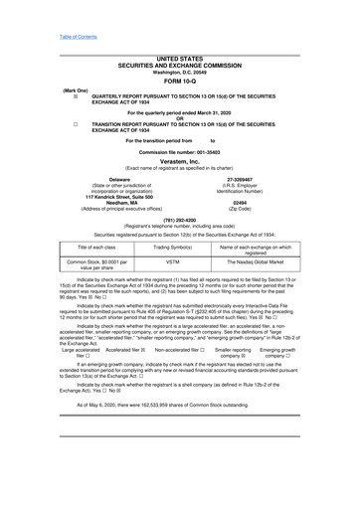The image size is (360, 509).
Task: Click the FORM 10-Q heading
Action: [x=180, y=82]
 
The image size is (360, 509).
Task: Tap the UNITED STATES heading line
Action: [x=180, y=61]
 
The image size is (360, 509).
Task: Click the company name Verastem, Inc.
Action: [x=180, y=160]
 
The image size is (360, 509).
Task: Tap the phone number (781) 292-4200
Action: [x=180, y=219]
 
